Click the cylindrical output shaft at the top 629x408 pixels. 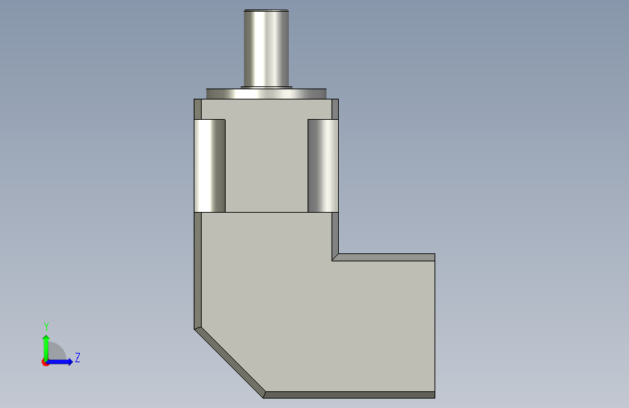tap(266, 48)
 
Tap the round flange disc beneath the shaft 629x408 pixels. tap(266, 94)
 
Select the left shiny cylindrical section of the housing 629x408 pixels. tap(210, 166)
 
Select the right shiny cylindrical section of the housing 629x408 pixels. tap(324, 166)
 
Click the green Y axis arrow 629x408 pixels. tap(46, 348)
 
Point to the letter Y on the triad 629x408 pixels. tap(46, 327)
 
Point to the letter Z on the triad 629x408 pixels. tap(78, 357)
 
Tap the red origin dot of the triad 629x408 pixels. tap(44, 363)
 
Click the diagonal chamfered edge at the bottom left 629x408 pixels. tap(229, 362)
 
